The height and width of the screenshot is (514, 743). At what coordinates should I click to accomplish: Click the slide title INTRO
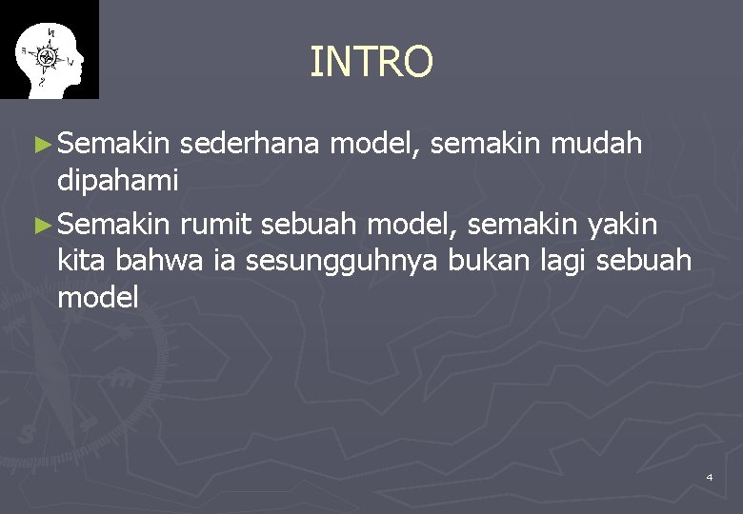(371, 63)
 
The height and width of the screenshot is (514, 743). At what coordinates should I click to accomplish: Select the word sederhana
(252, 145)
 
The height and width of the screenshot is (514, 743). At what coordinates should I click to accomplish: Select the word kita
(82, 259)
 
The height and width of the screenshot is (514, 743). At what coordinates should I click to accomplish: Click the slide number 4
(710, 476)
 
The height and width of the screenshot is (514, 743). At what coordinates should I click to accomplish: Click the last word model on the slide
(98, 298)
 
